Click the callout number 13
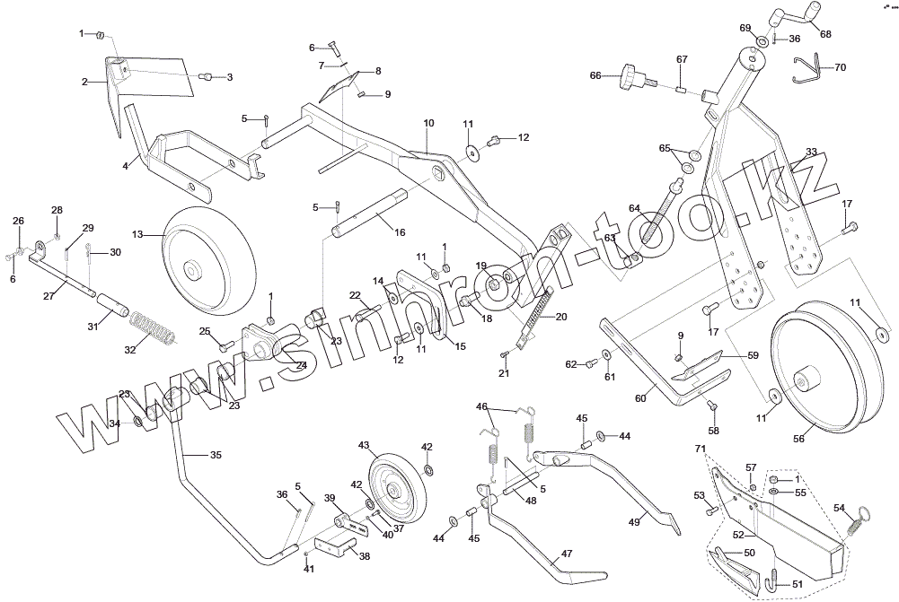coord(137,234)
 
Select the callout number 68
coord(825,34)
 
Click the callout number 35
coord(216,456)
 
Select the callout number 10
coord(428,122)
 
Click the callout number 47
coord(566,554)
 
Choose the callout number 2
coord(84,82)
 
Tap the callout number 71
coord(701,448)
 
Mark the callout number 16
coord(400,231)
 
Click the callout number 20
coord(561,316)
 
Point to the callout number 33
coord(811,152)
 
